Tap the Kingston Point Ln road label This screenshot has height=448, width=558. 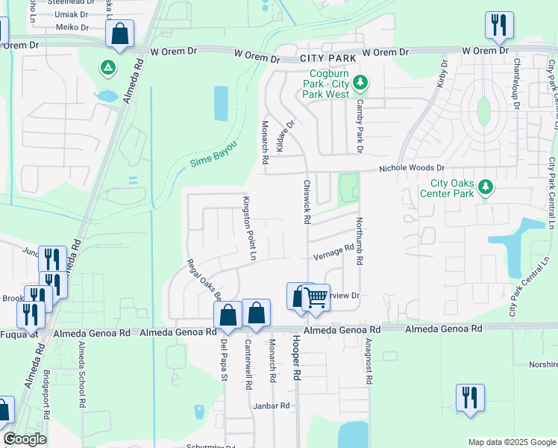(248, 228)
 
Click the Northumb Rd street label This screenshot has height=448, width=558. (359, 241)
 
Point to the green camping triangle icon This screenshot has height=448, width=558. (108, 69)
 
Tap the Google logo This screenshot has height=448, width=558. (25, 439)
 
